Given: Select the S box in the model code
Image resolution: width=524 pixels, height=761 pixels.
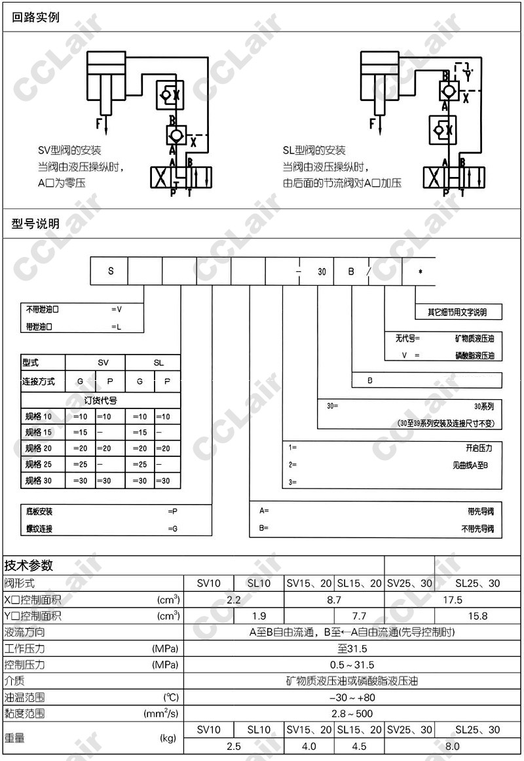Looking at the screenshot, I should pos(110,271).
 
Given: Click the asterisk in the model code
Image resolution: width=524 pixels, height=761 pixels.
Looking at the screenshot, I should pos(420,271).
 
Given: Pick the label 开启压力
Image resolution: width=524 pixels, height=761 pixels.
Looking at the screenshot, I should pos(478,448).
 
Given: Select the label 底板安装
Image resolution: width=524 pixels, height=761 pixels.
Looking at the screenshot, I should pos(39,511).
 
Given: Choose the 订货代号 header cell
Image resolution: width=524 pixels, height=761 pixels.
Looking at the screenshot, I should pos(101,400).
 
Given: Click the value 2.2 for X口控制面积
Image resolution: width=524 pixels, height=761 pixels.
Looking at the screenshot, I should pos(234,600).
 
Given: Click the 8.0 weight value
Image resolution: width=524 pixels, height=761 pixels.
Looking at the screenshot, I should pos(452,746).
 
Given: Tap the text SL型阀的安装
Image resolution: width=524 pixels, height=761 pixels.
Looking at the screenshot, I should pos(314,150).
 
